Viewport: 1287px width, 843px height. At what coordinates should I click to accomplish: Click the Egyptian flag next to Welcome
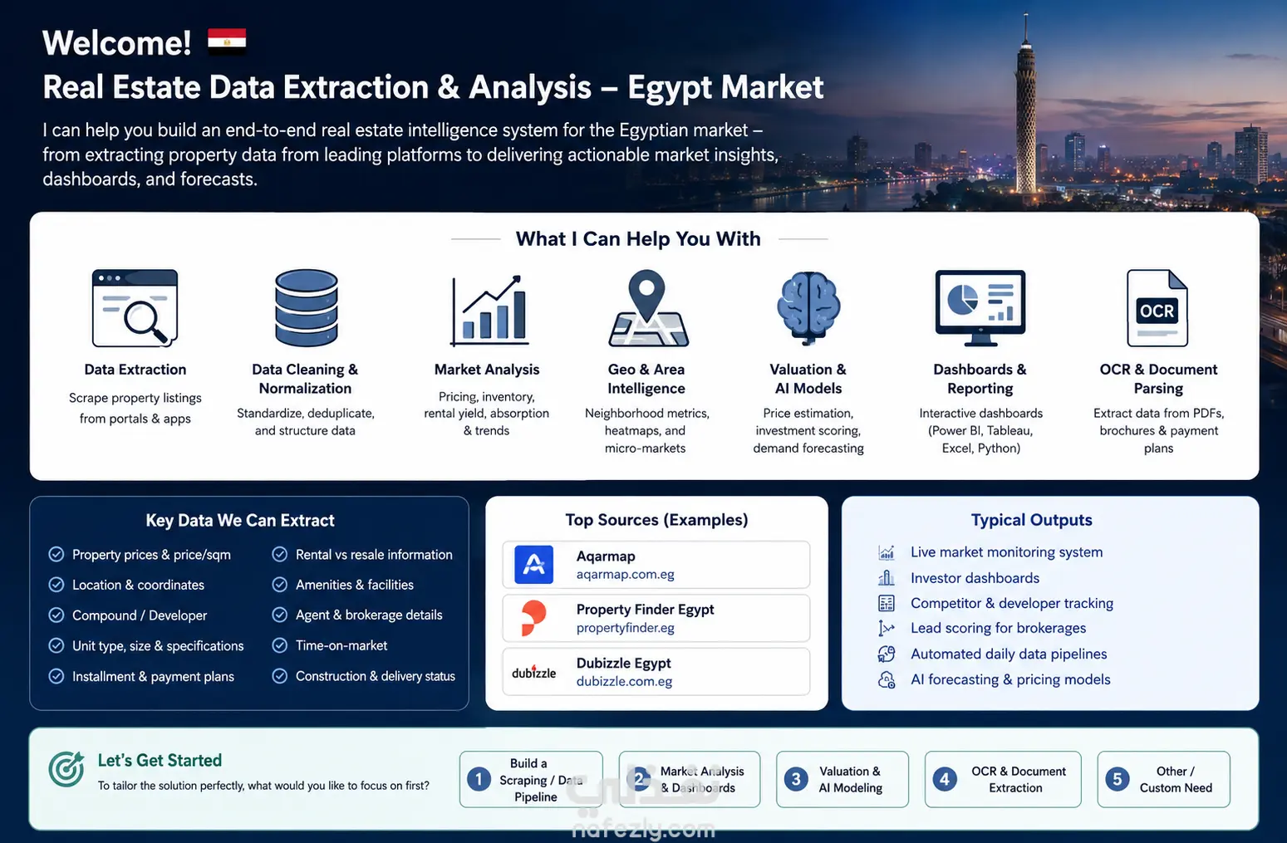[227, 41]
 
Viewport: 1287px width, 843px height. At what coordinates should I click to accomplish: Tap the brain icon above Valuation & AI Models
[808, 308]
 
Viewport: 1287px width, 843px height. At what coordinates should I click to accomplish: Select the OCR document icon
[1157, 308]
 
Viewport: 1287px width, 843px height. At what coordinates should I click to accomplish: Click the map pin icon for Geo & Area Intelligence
[647, 308]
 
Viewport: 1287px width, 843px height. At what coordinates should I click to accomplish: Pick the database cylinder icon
[306, 308]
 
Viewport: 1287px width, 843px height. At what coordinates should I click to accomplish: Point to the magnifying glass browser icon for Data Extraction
[135, 308]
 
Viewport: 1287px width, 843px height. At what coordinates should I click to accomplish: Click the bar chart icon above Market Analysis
[489, 310]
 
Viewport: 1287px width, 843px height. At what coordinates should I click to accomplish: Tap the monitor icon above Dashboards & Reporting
[980, 308]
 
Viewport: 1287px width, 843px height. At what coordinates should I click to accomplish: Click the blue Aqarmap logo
[533, 565]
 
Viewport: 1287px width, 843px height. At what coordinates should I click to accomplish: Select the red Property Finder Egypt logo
[533, 618]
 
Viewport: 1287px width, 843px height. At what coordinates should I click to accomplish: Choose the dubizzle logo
[533, 672]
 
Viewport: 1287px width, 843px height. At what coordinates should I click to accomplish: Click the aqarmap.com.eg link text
[625, 574]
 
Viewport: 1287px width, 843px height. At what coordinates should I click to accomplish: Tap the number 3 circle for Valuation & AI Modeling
[796, 779]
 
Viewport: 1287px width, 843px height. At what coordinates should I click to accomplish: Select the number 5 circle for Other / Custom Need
[1118, 779]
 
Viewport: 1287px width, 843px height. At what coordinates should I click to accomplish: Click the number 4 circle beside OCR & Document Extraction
[945, 779]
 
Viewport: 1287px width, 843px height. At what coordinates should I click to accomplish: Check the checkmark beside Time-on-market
[280, 645]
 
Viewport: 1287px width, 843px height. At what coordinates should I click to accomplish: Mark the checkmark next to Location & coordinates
[56, 585]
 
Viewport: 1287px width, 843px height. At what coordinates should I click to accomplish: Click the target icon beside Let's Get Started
[66, 768]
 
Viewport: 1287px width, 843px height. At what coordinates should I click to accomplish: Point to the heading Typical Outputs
[1031, 520]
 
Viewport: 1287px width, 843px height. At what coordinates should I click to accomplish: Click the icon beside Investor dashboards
[886, 578]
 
